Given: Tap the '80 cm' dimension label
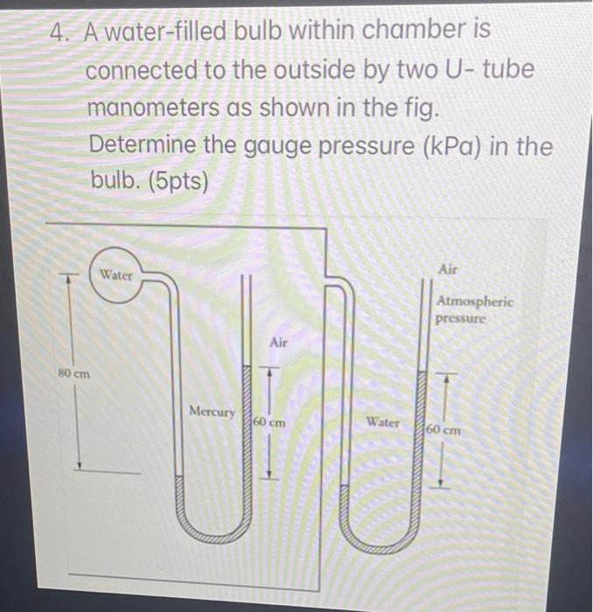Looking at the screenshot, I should [x=73, y=373].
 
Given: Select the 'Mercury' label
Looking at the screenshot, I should [x=212, y=411].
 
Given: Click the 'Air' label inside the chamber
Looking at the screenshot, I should [x=278, y=343].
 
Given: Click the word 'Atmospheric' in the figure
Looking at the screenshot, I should [x=475, y=302].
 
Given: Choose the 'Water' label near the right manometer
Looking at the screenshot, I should [x=383, y=422].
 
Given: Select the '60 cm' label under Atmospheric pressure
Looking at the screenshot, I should [x=444, y=431].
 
